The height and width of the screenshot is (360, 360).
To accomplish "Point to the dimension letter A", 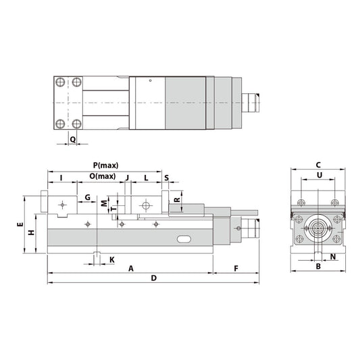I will click(131, 268).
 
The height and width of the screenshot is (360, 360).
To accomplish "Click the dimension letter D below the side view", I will click(153, 278).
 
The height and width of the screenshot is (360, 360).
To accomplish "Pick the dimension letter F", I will click(236, 268).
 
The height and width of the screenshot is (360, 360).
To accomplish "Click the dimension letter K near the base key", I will click(111, 259).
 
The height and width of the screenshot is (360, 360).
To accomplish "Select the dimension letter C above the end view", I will click(318, 164).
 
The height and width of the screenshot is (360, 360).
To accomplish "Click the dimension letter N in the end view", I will click(333, 257).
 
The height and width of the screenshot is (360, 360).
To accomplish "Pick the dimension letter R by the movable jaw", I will click(176, 199).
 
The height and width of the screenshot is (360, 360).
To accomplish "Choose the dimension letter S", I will click(166, 178).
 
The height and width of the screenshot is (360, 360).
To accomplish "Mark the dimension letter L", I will click(146, 178).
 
